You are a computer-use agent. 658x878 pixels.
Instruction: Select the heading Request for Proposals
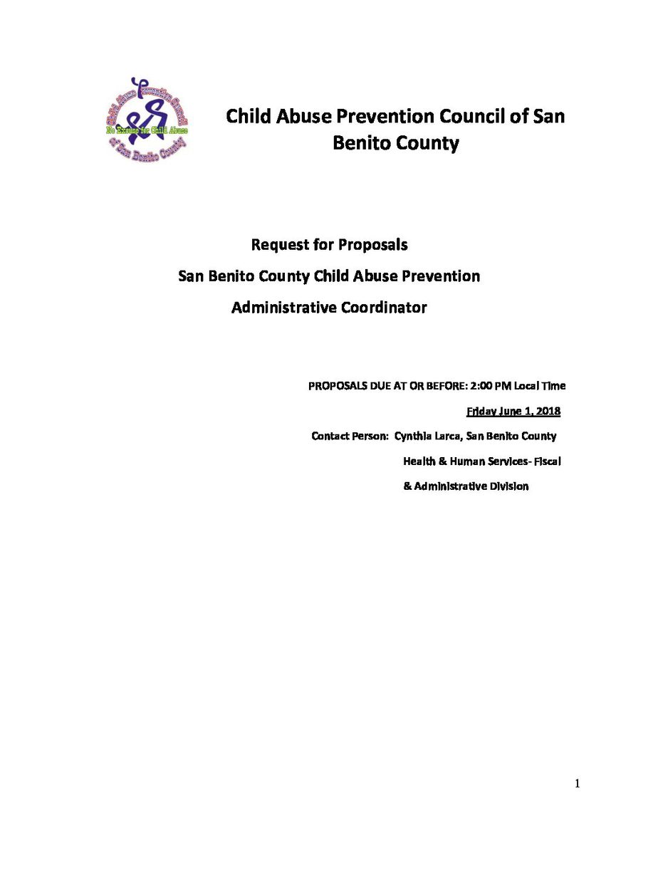point(329,244)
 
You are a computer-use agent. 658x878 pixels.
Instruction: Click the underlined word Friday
point(481,411)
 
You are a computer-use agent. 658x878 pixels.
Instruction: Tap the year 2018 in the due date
point(548,411)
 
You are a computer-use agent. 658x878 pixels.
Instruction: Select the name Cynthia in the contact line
point(413,436)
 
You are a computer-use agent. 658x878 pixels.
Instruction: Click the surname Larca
point(449,436)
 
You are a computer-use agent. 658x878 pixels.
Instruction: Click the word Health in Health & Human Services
point(419,461)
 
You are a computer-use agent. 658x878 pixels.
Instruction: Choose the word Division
point(508,486)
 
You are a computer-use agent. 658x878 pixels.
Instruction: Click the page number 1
point(578,784)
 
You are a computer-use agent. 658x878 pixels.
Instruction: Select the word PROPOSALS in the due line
point(334,386)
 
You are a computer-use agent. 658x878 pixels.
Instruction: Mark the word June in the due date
point(512,411)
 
